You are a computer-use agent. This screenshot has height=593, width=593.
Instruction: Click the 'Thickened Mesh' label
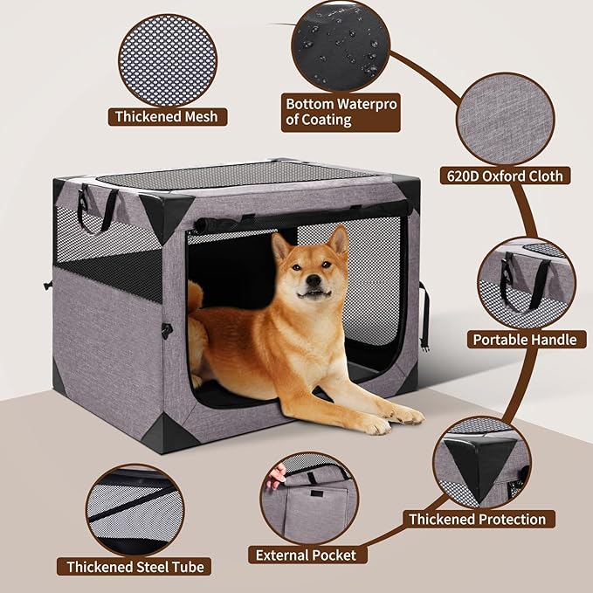pyautogui.click(x=167, y=116)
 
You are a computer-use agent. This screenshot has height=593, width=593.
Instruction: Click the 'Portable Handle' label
pyautogui.click(x=524, y=340)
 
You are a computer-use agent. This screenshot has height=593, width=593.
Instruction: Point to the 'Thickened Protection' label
pyautogui.click(x=477, y=519)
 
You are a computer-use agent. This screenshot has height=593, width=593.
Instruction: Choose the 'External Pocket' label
pyautogui.click(x=305, y=554)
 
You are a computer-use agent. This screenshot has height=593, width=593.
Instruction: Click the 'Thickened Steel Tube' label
pyautogui.click(x=135, y=567)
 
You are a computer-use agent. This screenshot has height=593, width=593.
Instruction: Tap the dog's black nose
pyautogui.click(x=307, y=282)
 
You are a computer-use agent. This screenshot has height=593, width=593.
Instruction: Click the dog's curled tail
pyautogui.click(x=195, y=301)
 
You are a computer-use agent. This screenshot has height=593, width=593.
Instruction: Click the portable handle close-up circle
pyautogui.click(x=525, y=280)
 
